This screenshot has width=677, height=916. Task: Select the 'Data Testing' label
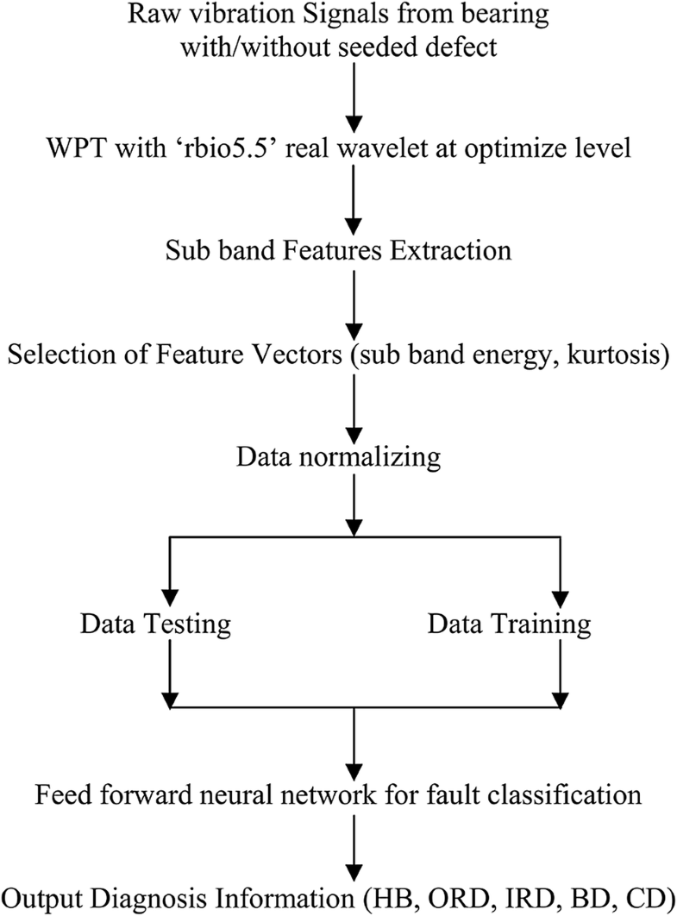(x=156, y=623)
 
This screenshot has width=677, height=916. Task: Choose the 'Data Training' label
(x=510, y=623)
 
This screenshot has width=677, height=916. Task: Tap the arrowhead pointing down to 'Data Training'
(x=561, y=595)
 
